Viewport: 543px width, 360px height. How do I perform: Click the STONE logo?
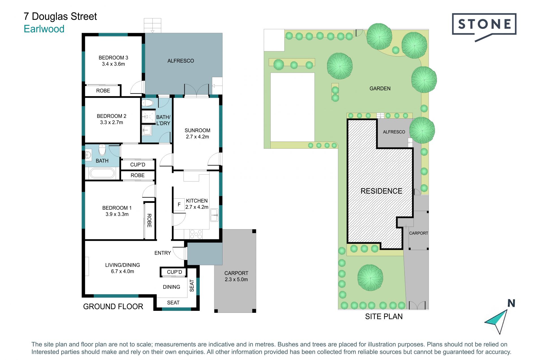click(484, 26)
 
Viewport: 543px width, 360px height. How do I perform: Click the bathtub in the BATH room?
click(102, 173)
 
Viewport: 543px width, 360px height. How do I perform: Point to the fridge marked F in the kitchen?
click(179, 204)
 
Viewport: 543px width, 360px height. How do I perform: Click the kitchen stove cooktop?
click(196, 234)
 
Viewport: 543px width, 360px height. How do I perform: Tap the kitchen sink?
click(214, 215)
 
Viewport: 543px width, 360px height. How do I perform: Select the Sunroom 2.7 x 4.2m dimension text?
click(197, 137)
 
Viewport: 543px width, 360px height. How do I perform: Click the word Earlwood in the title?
click(44, 29)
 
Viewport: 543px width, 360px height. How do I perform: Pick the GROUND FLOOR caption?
click(113, 307)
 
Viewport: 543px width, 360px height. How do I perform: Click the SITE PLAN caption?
click(384, 316)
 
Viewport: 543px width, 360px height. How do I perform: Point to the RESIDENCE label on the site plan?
click(381, 191)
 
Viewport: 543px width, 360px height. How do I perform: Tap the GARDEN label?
click(380, 88)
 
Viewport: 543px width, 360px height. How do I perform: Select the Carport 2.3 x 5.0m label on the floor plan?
click(236, 276)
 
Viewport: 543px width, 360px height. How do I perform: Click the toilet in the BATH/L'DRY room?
click(147, 102)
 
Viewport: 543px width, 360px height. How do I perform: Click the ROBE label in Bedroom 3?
click(103, 91)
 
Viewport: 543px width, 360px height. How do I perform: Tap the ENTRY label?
click(163, 253)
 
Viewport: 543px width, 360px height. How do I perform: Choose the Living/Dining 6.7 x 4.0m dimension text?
click(122, 271)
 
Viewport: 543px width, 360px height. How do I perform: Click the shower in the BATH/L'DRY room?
click(148, 116)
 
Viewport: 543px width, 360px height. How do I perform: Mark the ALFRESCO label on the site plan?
click(394, 132)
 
